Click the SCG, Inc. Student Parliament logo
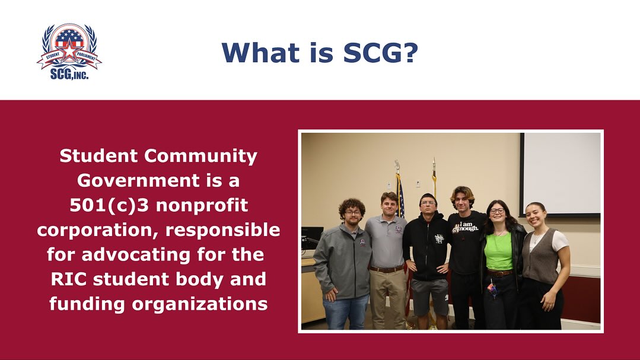point(69,52)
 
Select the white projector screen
point(561,173)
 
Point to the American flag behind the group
point(400,196)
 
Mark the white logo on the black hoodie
point(438,238)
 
